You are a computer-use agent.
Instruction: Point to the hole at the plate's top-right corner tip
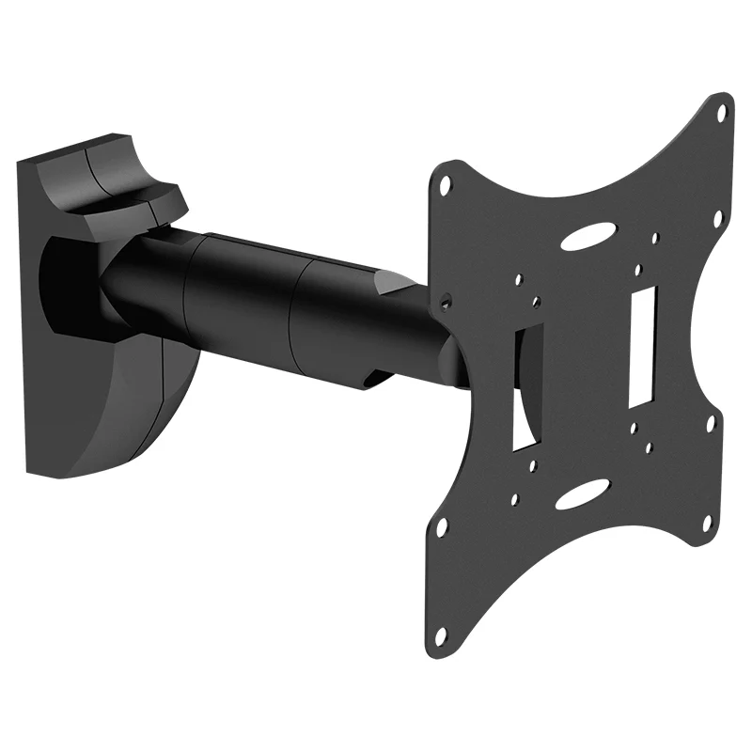(722, 112)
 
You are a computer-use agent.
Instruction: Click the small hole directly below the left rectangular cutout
(533, 464)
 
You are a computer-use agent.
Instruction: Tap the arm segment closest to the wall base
(141, 282)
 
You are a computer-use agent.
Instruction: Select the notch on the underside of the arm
(376, 378)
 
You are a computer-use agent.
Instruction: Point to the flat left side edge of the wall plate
(28, 320)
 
